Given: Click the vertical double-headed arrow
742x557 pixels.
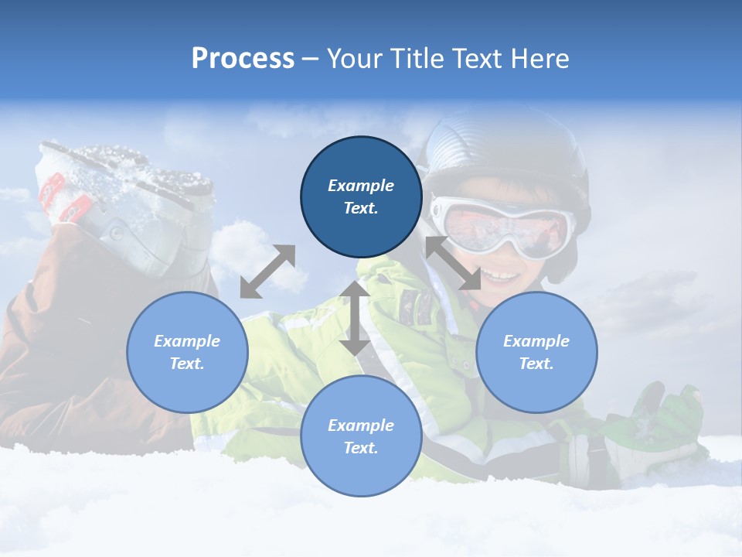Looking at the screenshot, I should pos(355,317).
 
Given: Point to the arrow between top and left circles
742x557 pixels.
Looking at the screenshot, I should pos(267,271).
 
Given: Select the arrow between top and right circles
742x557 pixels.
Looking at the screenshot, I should pos(453,264).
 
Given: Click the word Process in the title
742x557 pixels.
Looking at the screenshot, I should pos(243,58).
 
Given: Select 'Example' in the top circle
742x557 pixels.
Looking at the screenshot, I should pos(361,186).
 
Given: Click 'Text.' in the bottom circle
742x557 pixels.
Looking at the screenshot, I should pos(361,448).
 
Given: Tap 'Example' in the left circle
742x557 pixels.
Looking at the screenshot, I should pos(187,341).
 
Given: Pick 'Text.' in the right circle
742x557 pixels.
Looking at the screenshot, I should pos(536,364).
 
